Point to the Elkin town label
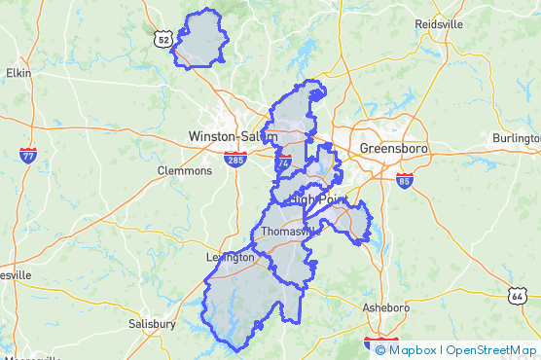(18, 72)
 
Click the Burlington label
(516, 138)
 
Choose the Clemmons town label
(184, 170)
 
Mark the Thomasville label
(289, 233)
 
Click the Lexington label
(230, 258)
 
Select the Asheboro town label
(386, 307)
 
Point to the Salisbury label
(152, 324)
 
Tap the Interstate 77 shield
(28, 155)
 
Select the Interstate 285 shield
(234, 159)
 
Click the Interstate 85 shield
(404, 180)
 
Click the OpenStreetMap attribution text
(490, 350)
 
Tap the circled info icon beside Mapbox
(379, 350)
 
